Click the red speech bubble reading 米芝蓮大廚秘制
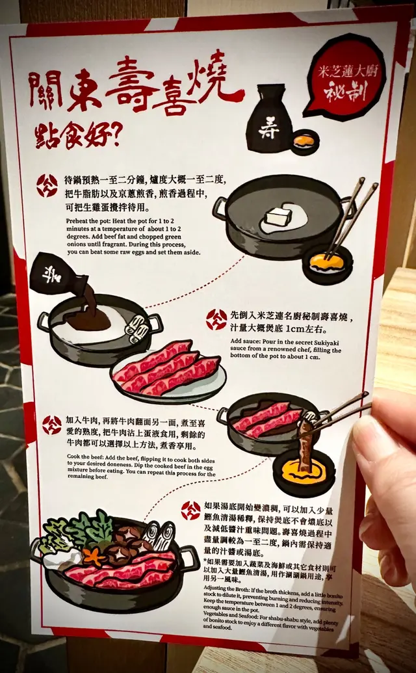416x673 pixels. coord(345,79)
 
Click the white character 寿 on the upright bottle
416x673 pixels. coord(269,129)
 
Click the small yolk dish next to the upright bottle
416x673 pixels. coord(305,141)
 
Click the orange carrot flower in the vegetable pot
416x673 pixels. coord(92,556)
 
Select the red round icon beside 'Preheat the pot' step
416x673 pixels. coord(47,185)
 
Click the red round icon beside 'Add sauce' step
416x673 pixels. coord(216,320)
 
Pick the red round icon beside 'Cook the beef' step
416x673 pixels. coord(52,425)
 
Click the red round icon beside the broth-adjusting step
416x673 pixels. coord(191,510)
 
